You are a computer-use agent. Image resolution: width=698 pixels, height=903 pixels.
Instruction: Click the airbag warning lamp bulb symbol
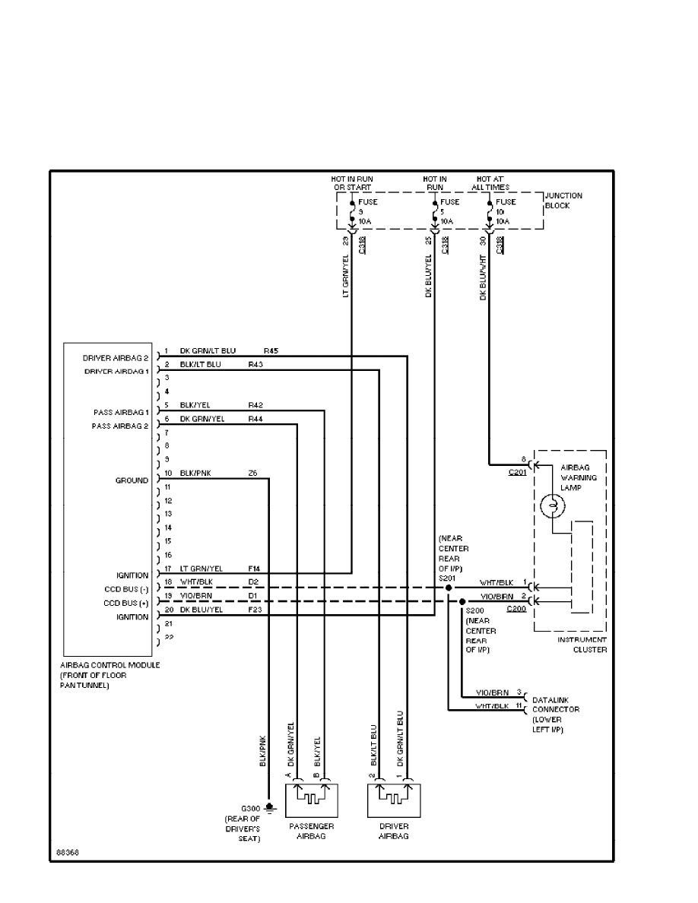click(553, 505)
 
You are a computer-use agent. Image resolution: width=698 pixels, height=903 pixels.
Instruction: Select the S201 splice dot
click(449, 588)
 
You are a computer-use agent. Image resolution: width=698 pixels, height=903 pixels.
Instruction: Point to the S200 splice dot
click(462, 601)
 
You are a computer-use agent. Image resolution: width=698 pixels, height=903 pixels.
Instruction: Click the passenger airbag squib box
click(311, 800)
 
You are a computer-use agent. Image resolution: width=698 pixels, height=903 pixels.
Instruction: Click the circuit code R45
click(271, 351)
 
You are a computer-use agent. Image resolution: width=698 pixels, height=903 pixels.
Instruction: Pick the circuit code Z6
click(252, 473)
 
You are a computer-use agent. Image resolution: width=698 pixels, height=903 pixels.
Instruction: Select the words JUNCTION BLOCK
click(563, 201)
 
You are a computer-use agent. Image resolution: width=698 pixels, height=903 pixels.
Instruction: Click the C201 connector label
click(520, 472)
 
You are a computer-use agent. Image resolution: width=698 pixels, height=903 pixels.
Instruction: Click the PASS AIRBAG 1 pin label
click(120, 412)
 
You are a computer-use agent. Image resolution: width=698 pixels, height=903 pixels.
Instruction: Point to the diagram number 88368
click(67, 852)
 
